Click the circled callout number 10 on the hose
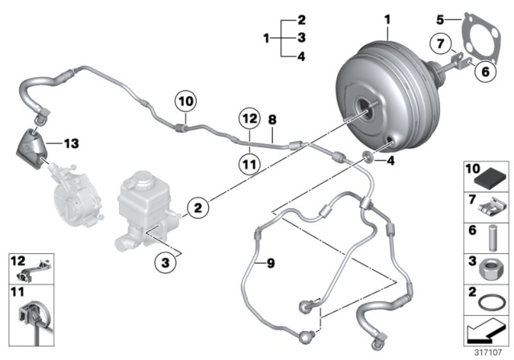coord(186,102)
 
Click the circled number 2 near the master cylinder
coord(197,209)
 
